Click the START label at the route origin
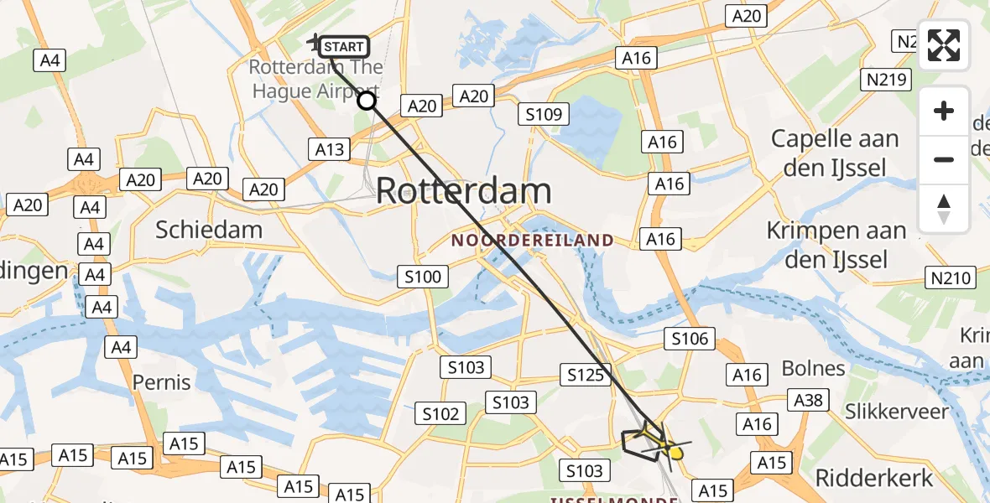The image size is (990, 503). pyautogui.click(x=343, y=47)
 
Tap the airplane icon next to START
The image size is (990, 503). pyautogui.click(x=315, y=41)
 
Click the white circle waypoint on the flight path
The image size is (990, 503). pyautogui.click(x=367, y=101)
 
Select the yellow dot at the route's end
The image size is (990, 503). pyautogui.click(x=675, y=454)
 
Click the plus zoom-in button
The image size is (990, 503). pyautogui.click(x=944, y=111)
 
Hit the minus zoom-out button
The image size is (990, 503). pyautogui.click(x=944, y=159)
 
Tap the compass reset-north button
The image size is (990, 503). pyautogui.click(x=944, y=208)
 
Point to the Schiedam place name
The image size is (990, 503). pyautogui.click(x=209, y=230)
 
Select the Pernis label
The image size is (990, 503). pyautogui.click(x=162, y=382)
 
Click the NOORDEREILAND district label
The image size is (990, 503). pyautogui.click(x=533, y=241)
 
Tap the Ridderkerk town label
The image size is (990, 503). pyautogui.click(x=874, y=479)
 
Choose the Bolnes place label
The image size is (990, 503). pyautogui.click(x=813, y=368)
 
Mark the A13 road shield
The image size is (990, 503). pyautogui.click(x=330, y=149)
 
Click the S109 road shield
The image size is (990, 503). pyautogui.click(x=544, y=114)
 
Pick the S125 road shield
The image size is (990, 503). pyautogui.click(x=586, y=375)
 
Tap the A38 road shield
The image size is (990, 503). pyautogui.click(x=810, y=401)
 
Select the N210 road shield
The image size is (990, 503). pyautogui.click(x=951, y=277)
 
